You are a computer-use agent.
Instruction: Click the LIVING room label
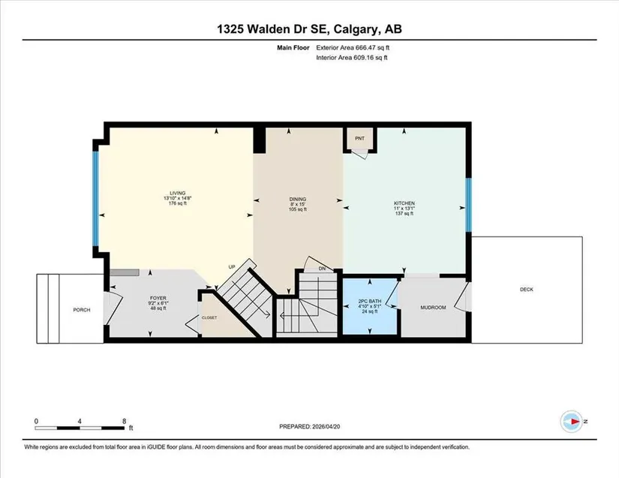click(x=178, y=193)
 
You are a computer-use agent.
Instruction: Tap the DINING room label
click(x=298, y=200)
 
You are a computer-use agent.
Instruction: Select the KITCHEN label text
click(x=404, y=203)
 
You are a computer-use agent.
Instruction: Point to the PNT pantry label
click(x=359, y=139)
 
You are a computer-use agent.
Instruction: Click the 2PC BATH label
click(x=370, y=300)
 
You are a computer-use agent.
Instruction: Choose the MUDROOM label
click(x=433, y=308)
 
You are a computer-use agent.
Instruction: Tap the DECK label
click(x=527, y=290)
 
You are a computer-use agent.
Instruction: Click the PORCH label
click(x=82, y=310)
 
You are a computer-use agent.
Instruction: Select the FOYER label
click(x=158, y=298)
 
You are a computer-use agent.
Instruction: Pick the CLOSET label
click(x=209, y=317)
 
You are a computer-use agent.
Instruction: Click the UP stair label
click(x=232, y=267)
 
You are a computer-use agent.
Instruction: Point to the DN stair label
click(x=322, y=269)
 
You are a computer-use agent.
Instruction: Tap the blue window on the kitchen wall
click(x=469, y=206)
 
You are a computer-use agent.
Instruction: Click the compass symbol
click(x=572, y=422)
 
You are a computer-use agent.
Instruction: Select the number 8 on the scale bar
click(x=125, y=421)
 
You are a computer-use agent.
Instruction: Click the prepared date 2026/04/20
click(x=326, y=427)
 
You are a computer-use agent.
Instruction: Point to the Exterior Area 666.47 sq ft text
click(x=353, y=48)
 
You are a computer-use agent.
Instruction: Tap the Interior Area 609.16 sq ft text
click(x=352, y=58)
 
